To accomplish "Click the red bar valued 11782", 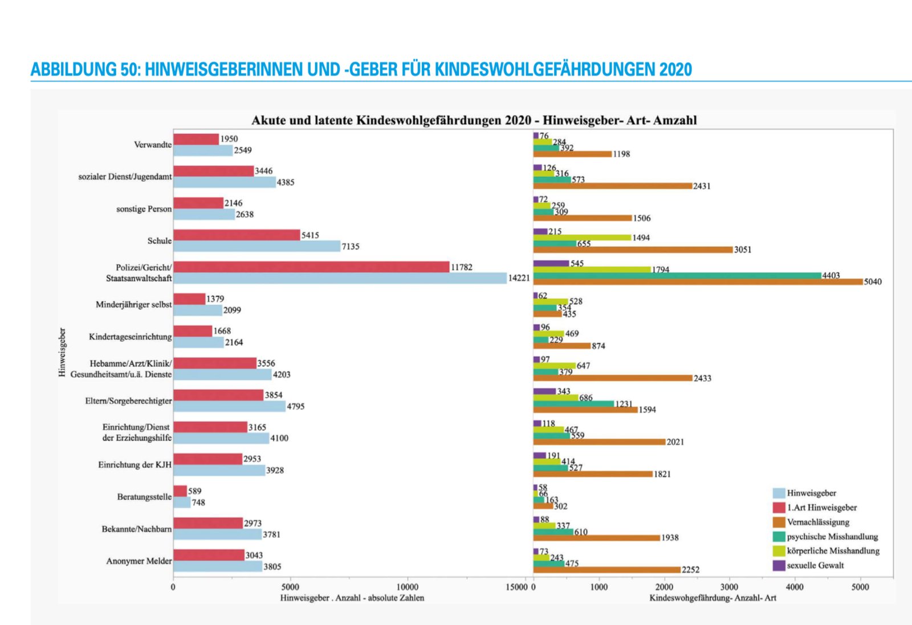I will coord(311,267).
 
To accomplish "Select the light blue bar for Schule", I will coord(256,246).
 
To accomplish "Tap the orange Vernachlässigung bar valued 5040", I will coord(698,281).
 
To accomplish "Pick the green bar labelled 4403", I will coord(677,275).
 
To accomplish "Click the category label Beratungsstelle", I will coord(144,497).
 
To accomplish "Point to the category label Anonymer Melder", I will coord(139,561).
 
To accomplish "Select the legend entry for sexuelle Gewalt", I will coord(815,565).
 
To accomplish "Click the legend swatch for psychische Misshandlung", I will coord(779,536).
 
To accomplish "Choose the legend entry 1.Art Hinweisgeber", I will coord(821,508).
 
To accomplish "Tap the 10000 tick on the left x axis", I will coord(407,587).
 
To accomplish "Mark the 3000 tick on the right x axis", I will coord(729,587).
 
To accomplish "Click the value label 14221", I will coord(519,278).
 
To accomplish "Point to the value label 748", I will coord(198,503).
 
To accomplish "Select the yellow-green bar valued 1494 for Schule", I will coord(582,237).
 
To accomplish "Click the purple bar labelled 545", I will coord(551,263).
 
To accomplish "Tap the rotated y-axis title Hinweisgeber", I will coord(62,352).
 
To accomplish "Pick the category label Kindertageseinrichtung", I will coord(130,337).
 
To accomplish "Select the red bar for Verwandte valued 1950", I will coord(196,139).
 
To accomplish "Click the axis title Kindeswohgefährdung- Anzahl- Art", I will coord(712,598).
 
